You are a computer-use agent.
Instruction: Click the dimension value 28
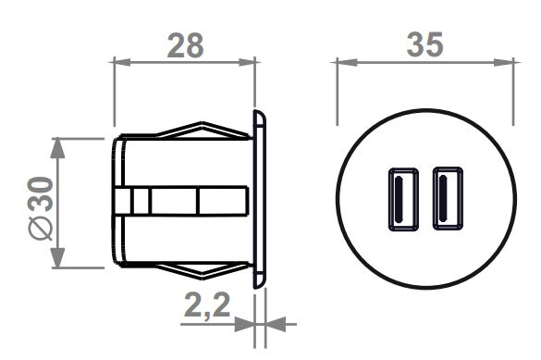185,45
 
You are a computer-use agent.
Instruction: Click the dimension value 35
424,44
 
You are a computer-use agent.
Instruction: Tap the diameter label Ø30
41,208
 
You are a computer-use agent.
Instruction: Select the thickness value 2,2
207,305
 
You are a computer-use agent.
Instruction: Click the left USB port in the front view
403,199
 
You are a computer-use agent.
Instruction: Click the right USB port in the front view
448,198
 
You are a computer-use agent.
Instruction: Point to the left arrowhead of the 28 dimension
122,63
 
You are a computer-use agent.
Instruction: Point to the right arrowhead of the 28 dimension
247,63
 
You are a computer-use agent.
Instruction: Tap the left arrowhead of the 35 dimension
347,63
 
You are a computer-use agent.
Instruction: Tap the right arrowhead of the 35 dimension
504,63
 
